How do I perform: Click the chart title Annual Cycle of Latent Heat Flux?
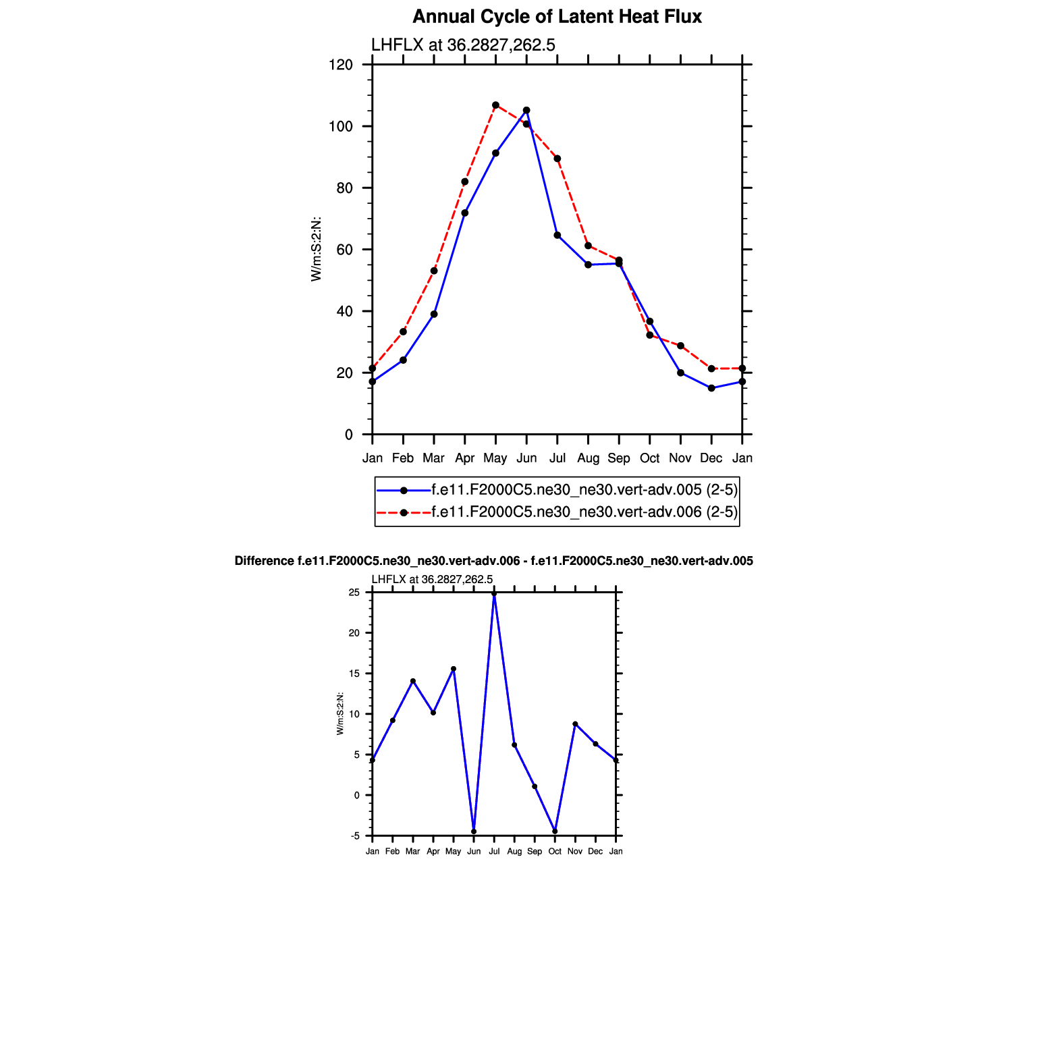pos(557,17)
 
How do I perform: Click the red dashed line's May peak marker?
pos(495,105)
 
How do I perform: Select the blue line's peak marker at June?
pos(526,110)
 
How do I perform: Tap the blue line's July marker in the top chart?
pos(557,236)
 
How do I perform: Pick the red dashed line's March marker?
pos(434,271)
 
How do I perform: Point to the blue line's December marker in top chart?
pos(711,388)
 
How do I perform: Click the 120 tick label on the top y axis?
pos(341,65)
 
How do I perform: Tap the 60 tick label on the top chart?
pos(344,250)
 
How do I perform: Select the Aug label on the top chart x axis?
pos(588,458)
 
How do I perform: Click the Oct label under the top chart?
pos(649,458)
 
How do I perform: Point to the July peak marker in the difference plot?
pos(494,594)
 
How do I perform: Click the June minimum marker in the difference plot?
pos(474,832)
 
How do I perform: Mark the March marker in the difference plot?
pos(413,681)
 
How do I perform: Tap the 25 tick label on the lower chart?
pos(354,593)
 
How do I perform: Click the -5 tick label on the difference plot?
pos(355,836)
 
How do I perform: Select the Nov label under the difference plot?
pos(575,852)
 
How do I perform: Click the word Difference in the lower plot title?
pos(264,561)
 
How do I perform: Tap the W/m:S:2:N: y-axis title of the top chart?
pos(316,250)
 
